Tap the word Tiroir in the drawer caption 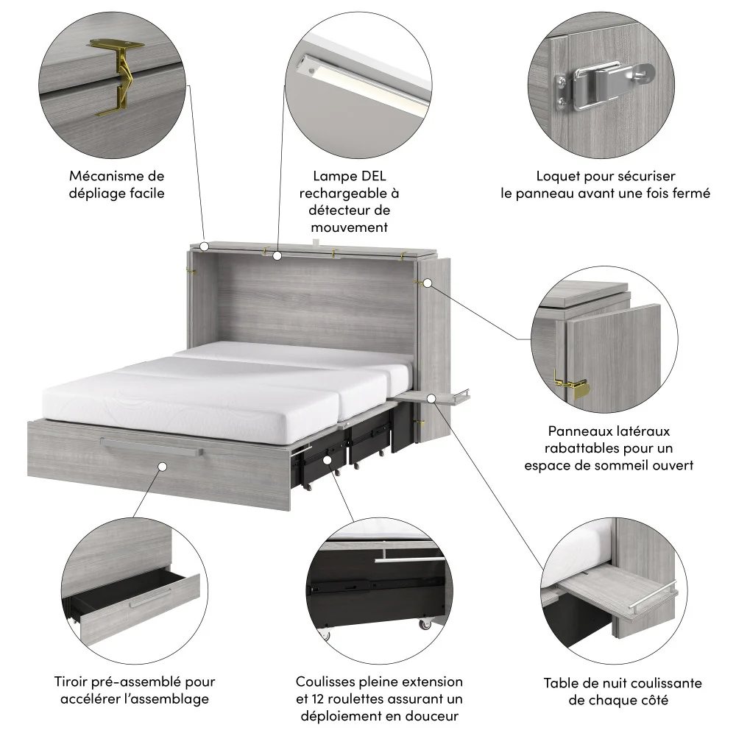tap(74, 682)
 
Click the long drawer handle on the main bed tap(152, 446)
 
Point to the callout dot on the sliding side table tap(433, 397)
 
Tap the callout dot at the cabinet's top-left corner tap(205, 247)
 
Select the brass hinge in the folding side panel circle tap(571, 384)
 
